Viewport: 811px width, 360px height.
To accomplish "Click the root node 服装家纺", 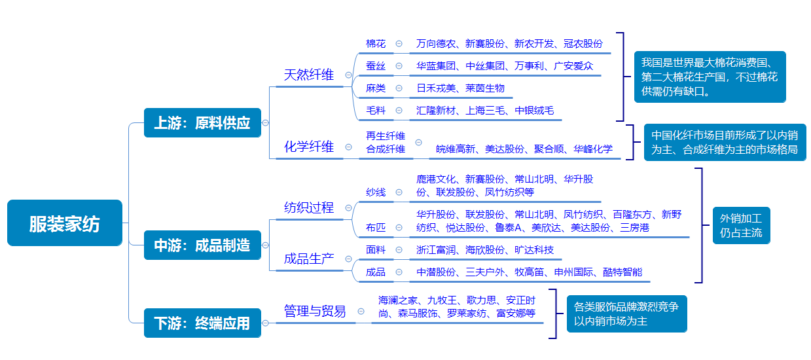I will pyautogui.click(x=65, y=223).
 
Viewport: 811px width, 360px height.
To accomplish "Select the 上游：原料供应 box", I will pyautogui.click(x=202, y=122).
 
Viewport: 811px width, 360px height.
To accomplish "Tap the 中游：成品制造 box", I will pyautogui.click(x=202, y=245).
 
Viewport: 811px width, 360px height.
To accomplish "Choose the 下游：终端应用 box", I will pyautogui.click(x=202, y=323).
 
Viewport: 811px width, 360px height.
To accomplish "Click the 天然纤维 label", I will pyautogui.click(x=309, y=75).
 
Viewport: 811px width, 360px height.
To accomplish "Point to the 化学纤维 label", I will pyautogui.click(x=309, y=147).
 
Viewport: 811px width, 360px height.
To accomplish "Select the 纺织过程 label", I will pyautogui.click(x=309, y=207).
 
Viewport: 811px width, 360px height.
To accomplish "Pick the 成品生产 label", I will pyautogui.click(x=309, y=258).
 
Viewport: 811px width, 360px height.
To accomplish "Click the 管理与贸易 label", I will pyautogui.click(x=315, y=312).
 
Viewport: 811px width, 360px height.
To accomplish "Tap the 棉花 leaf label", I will pyautogui.click(x=376, y=44).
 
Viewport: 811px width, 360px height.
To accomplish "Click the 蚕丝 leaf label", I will pyautogui.click(x=376, y=66).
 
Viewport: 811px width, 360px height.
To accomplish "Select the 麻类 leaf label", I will pyautogui.click(x=376, y=88).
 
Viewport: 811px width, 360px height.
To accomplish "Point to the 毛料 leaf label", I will pyautogui.click(x=376, y=110).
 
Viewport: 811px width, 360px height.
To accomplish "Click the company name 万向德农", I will pyautogui.click(x=436, y=44).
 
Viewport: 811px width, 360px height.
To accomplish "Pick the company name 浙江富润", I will pyautogui.click(x=436, y=249).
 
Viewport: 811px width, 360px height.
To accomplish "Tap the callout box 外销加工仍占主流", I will pyautogui.click(x=741, y=225).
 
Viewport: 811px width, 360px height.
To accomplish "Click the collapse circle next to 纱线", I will pyautogui.click(x=399, y=192).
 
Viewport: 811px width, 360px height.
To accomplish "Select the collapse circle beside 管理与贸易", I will pyautogui.click(x=361, y=312).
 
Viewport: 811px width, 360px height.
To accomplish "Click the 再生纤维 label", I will pyautogui.click(x=386, y=136).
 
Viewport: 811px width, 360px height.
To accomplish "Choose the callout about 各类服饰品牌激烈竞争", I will pyautogui.click(x=626, y=314).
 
